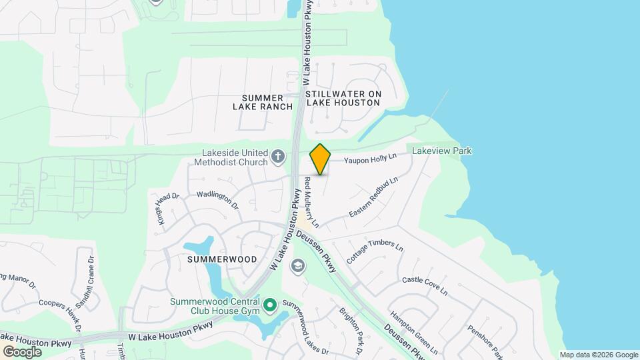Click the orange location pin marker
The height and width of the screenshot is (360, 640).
coord(321,159)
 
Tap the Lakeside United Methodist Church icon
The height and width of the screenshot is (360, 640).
coord(278,158)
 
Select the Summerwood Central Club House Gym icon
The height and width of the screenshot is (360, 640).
coord(270,306)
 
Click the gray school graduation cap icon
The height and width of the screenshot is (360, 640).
coord(298,267)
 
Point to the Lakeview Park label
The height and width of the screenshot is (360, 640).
coord(441,151)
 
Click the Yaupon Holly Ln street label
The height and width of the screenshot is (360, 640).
coord(370,159)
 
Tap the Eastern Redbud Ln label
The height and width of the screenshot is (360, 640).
coord(373,198)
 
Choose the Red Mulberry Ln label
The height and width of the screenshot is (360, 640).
coord(312,203)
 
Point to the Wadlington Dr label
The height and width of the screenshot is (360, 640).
coord(217,201)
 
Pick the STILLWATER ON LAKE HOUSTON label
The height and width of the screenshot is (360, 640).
coord(343,99)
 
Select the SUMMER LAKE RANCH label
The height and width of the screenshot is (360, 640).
coord(263,102)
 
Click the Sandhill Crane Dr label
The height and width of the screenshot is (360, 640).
coord(85,282)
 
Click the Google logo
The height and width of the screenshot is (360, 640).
coord(22,351)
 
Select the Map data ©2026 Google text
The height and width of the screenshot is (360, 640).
coord(599,355)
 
